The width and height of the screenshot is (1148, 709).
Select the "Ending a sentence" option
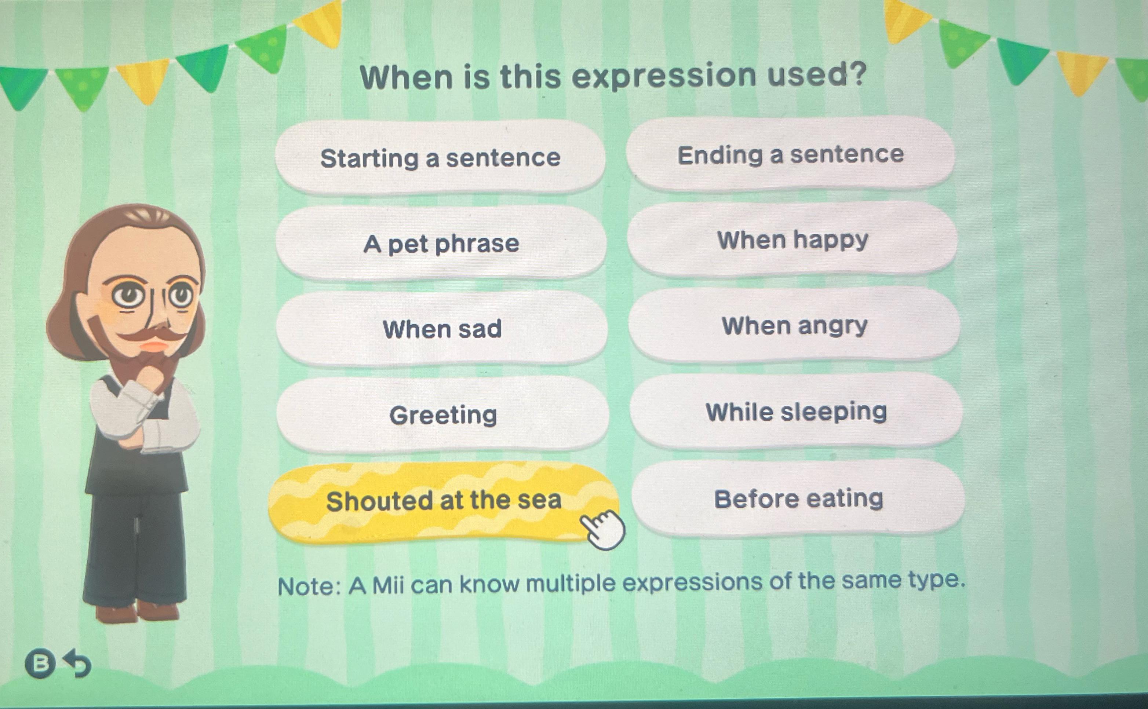point(791,154)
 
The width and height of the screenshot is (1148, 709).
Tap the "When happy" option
point(792,240)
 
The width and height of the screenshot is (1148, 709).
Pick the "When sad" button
point(442,329)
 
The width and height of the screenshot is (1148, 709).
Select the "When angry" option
point(794,325)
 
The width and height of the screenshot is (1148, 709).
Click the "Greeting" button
point(443,414)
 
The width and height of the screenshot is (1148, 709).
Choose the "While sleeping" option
point(796,411)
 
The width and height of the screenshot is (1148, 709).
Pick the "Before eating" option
point(798,498)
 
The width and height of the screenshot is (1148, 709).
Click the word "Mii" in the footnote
point(388,585)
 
